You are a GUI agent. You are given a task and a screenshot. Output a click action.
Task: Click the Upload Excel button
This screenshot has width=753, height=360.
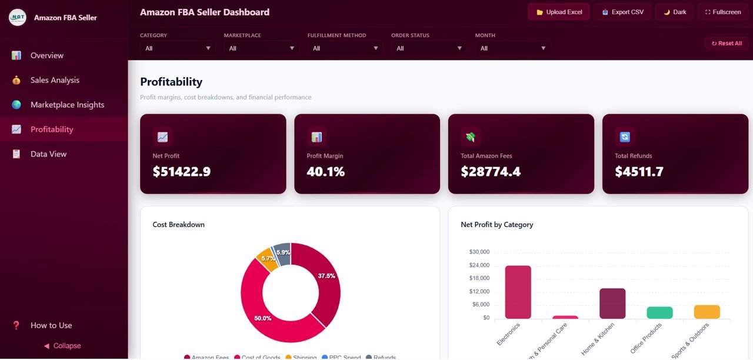(558, 12)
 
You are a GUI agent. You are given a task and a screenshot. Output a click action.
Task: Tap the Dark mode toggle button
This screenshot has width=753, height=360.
(675, 12)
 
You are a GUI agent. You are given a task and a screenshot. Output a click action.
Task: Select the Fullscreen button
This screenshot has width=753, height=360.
(722, 12)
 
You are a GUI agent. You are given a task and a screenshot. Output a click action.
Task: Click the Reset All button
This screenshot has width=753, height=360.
(727, 44)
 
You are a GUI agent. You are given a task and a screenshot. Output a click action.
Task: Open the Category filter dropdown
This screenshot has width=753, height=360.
(178, 48)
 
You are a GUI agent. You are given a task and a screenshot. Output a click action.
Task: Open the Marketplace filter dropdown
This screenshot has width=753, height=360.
(261, 48)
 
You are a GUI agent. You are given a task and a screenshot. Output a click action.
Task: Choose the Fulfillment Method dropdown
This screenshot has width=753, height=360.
(345, 48)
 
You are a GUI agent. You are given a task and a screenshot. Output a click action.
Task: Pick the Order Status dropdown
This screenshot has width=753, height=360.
(429, 48)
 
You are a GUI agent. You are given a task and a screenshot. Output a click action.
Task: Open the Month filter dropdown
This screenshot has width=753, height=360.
(513, 48)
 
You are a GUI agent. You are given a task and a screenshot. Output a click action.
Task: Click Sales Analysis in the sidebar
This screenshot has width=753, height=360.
(55, 80)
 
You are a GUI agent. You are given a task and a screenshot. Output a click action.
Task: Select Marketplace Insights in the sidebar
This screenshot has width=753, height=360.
(67, 105)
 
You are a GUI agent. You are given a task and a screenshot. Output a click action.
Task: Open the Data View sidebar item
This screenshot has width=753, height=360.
(48, 154)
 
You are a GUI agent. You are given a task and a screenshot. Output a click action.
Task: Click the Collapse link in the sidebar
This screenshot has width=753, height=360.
(62, 346)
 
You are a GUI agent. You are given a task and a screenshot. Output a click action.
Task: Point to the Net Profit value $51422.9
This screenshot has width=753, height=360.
(181, 172)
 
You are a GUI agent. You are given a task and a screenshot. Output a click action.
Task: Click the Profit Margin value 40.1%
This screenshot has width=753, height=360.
(325, 172)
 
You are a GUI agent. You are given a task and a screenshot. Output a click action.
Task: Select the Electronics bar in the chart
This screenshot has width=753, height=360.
(518, 292)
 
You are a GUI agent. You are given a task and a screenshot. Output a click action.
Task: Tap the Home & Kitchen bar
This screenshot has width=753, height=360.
(612, 304)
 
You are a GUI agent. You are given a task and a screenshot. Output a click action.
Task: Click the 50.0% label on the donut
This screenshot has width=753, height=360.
(262, 318)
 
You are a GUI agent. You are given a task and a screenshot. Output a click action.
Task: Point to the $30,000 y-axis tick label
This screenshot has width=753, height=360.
(479, 252)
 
